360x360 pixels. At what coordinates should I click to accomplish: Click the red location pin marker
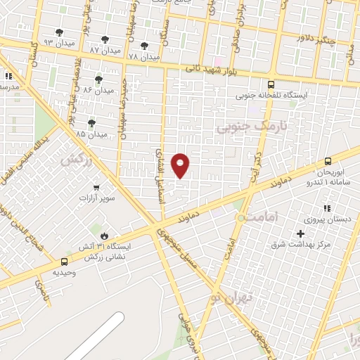[x=181, y=165]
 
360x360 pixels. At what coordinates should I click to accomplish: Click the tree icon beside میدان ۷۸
[x=144, y=46]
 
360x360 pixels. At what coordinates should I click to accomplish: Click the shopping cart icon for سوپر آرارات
[x=96, y=188]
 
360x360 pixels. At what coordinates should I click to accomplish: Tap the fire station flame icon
[x=105, y=236]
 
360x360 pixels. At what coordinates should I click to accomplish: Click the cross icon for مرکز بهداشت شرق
[x=301, y=233]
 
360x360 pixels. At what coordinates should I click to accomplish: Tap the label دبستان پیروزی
[x=333, y=219]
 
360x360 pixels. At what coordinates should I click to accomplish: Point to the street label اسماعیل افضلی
[x=160, y=176]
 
